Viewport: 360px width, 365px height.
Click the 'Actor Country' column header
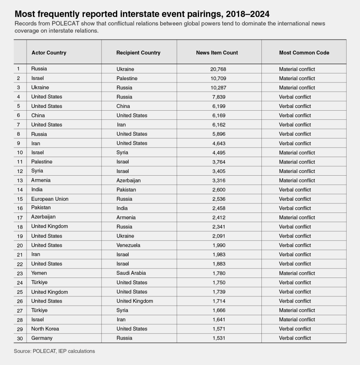49,52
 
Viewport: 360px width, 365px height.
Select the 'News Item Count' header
217,52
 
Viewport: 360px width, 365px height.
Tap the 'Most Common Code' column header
304,52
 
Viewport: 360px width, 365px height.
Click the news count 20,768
218,69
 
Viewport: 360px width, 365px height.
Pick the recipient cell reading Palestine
127,78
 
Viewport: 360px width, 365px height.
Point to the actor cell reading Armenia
41,180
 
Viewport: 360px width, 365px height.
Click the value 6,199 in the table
218,106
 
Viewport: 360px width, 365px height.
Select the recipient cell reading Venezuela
128,245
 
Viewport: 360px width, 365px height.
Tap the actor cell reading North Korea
45,328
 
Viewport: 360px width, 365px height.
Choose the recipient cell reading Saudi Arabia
131,273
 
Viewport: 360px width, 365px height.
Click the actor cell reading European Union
50,199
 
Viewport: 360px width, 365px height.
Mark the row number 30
20,338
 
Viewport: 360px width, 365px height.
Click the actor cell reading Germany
42,338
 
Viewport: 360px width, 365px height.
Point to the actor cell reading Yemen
39,273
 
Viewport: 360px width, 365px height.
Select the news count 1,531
218,338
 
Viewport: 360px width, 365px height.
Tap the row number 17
20,217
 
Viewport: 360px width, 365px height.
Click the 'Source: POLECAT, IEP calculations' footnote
54,351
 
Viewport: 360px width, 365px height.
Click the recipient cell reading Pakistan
126,189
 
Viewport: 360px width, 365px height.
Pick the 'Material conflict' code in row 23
297,273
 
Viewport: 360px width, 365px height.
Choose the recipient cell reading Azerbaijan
129,180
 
